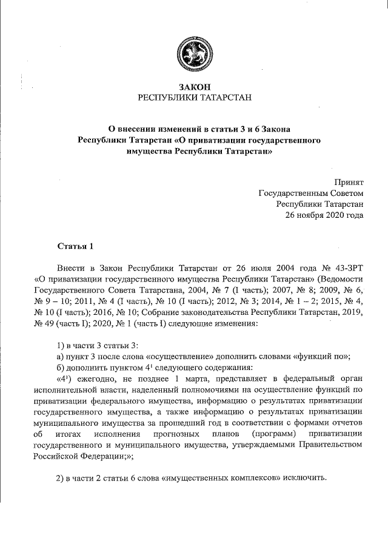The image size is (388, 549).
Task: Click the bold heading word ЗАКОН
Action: (x=195, y=87)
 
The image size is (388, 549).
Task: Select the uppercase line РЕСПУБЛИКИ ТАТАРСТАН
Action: (x=195, y=98)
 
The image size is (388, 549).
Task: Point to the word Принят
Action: (x=349, y=182)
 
